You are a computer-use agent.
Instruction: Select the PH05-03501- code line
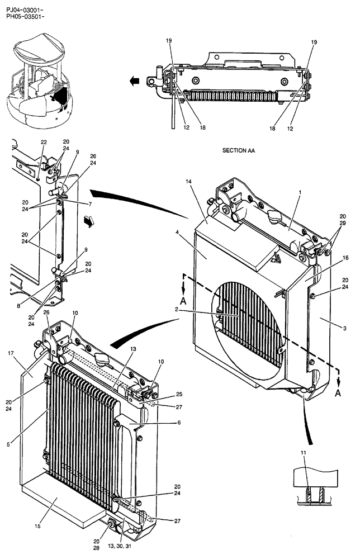(x=25, y=17)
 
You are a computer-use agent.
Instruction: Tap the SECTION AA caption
(x=238, y=151)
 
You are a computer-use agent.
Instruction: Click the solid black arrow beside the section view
(x=134, y=82)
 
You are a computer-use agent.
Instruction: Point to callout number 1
(x=300, y=192)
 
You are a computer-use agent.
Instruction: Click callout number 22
(x=43, y=142)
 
